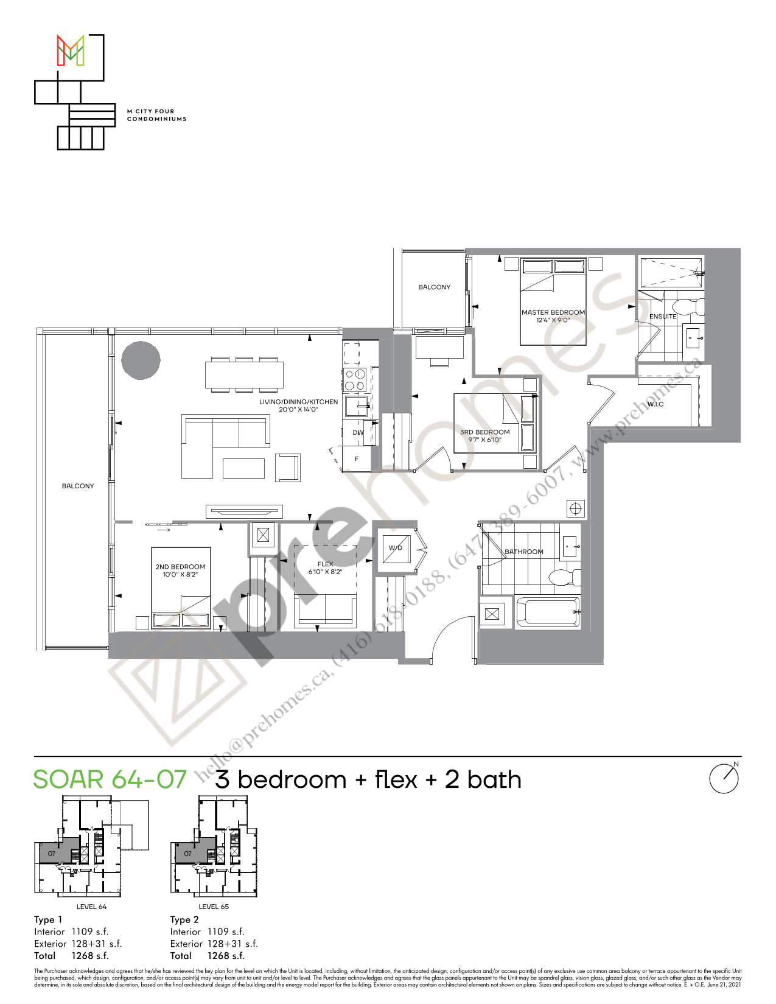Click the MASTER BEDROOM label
coord(553,312)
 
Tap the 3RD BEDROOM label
coord(484,432)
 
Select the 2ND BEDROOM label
coord(180,567)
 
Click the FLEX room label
coord(325,564)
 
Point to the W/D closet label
coord(396,548)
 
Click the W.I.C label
coord(655,404)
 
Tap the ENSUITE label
coord(663,317)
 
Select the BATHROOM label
coord(523,552)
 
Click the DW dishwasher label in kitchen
coord(358,433)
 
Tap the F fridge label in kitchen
coord(357,459)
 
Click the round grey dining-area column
coord(141,360)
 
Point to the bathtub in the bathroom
coord(548,613)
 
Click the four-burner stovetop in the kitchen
coord(355,380)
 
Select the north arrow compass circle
coord(724,779)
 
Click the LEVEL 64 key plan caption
coord(91,907)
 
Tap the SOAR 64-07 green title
coord(110,780)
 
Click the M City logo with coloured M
coord(71,51)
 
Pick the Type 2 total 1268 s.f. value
coord(226,956)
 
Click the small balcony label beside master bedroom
coord(434,287)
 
